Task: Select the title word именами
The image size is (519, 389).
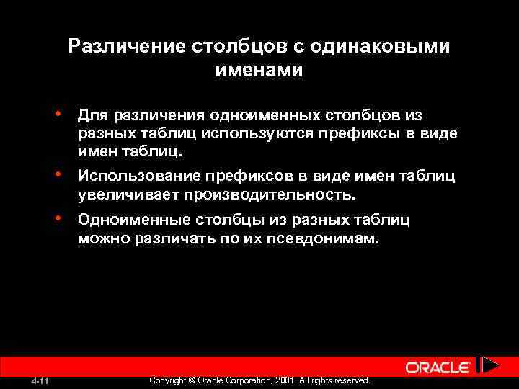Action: pyautogui.click(x=259, y=71)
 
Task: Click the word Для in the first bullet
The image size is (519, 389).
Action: pyautogui.click(x=92, y=115)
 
